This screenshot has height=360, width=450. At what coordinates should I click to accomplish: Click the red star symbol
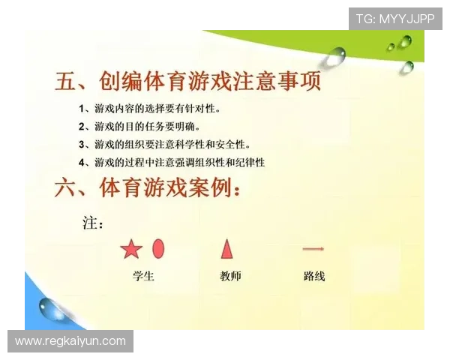point(131,250)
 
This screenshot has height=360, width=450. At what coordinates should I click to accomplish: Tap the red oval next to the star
point(158,248)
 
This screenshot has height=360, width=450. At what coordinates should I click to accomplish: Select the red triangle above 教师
point(226,249)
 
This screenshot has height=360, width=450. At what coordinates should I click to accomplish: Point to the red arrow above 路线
point(313,249)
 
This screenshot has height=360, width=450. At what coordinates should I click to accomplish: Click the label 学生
point(143,276)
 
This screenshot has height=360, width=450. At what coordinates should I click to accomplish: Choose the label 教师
point(230,276)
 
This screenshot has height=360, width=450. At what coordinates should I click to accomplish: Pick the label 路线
point(314,276)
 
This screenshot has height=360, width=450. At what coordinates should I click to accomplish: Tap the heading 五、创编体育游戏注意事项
point(188,81)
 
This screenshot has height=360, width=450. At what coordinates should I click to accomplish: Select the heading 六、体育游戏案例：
point(148,187)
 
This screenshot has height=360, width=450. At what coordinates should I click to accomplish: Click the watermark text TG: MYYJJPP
point(394,19)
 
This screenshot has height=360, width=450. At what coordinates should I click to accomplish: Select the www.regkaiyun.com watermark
point(70,341)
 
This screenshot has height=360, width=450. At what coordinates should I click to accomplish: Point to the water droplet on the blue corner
point(52,307)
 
